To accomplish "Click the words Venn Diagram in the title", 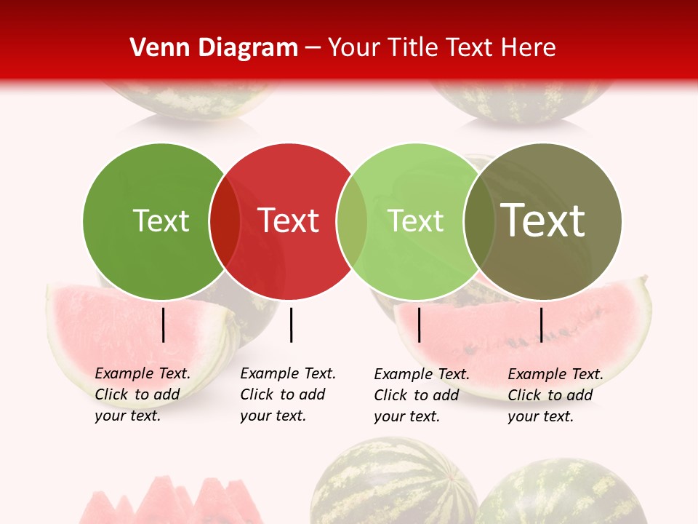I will (x=214, y=48).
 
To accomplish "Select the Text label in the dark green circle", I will (x=161, y=221).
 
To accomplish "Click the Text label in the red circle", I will (x=289, y=221).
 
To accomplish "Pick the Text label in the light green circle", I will (x=416, y=221).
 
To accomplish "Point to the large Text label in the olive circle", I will (x=543, y=220).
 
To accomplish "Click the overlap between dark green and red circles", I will (x=225, y=221).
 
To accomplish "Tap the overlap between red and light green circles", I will (x=352, y=221).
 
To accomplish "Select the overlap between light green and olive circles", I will (x=479, y=221).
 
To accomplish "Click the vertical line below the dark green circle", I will (x=164, y=325).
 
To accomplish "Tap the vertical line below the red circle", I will (x=291, y=325).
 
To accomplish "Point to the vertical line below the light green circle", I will (x=419, y=325).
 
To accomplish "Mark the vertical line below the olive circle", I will (x=541, y=325).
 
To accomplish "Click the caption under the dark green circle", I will (x=142, y=394).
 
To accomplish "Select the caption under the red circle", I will (x=287, y=394).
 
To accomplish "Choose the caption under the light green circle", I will (x=421, y=395).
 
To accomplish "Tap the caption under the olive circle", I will (x=555, y=395).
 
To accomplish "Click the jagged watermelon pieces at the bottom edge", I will (x=171, y=502).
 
